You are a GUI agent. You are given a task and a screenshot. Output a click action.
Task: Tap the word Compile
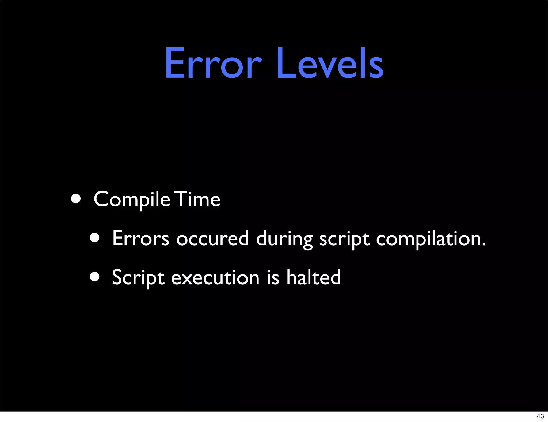point(132,200)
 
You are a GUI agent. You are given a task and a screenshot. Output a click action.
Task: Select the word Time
point(198,199)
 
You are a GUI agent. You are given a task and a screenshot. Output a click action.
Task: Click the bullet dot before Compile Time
point(76,199)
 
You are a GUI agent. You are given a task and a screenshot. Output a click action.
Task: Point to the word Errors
point(140,238)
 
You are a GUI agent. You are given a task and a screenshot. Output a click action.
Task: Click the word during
point(284,239)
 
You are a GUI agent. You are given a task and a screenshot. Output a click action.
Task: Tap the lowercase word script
point(344,239)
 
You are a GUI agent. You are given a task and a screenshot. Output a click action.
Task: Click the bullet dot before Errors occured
point(95,238)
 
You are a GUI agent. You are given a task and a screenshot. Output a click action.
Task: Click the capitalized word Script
point(138,278)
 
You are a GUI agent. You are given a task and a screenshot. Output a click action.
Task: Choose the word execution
point(215,278)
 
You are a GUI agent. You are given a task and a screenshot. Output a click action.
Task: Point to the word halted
point(314,277)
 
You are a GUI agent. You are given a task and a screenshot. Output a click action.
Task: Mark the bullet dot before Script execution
point(95,277)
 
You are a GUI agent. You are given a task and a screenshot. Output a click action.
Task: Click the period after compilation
point(483,244)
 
